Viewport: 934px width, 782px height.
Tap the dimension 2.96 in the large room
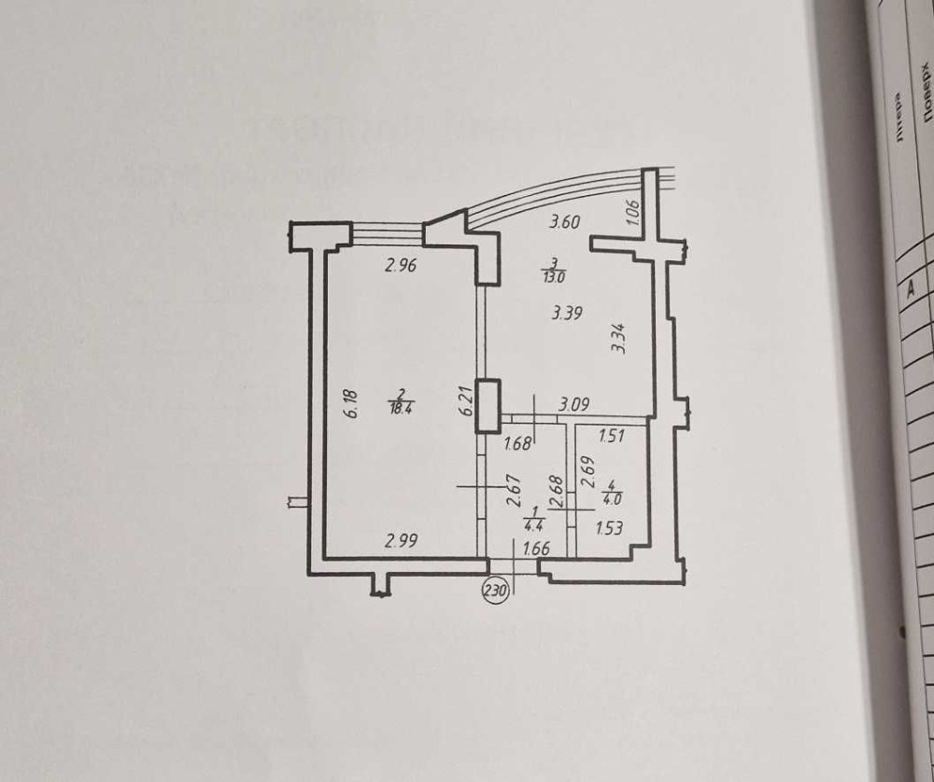tap(400, 265)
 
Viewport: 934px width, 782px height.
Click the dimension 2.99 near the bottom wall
tap(402, 539)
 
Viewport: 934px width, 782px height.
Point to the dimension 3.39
tap(567, 314)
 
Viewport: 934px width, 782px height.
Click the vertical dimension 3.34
tap(617, 338)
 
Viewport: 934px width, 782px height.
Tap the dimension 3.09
tap(574, 405)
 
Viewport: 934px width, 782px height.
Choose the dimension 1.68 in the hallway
tap(517, 444)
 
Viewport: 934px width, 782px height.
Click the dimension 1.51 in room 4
tap(610, 435)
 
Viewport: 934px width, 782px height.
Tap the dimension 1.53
tap(610, 529)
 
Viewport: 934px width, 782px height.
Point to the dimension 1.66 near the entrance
tap(536, 550)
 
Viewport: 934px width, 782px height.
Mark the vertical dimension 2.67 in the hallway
tap(512, 490)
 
